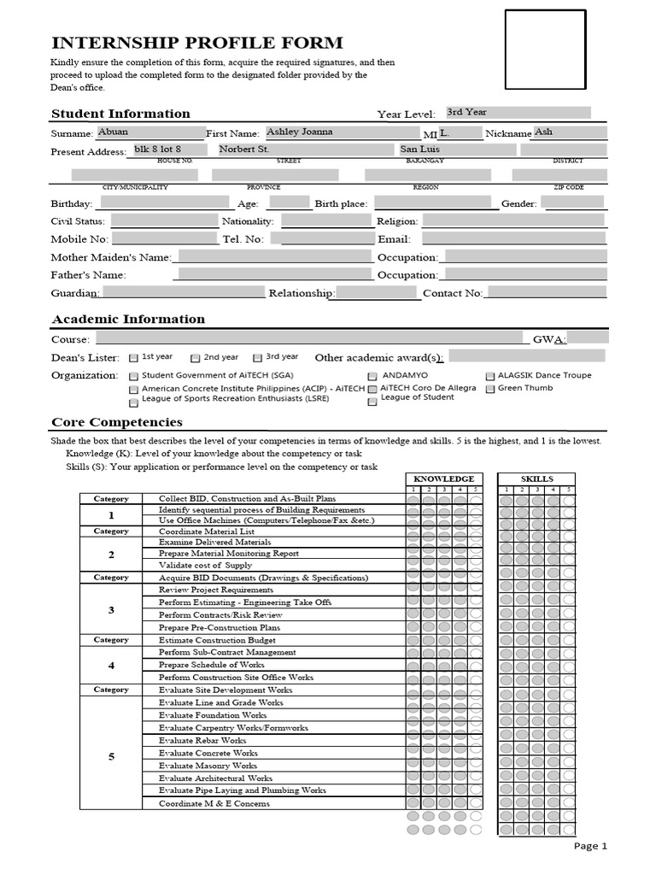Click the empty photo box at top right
coord(545,50)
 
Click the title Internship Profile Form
coord(197,43)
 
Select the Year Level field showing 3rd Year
coord(517,113)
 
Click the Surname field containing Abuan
coord(150,132)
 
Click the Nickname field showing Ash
coord(570,132)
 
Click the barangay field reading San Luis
coord(457,150)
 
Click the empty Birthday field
coord(165,203)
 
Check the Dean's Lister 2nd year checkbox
coord(196,358)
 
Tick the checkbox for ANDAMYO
coord(372,377)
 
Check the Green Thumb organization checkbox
coord(490,389)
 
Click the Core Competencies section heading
coord(117,422)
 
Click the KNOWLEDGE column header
coord(443,479)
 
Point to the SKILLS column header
coord(536,479)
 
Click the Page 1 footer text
coord(590,846)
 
